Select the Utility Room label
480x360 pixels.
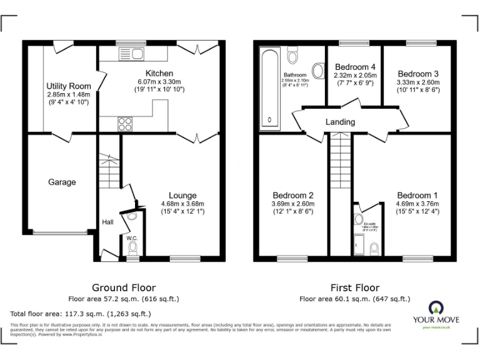coord(69,86)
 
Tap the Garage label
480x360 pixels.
coord(62,182)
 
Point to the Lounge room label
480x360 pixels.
coord(182,196)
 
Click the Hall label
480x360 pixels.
coord(107,221)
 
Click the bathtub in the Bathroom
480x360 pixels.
coord(270,87)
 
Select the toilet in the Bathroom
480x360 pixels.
coord(292,52)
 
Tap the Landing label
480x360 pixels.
coord(340,122)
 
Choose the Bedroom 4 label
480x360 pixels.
coord(355,66)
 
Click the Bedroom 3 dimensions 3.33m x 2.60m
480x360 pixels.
coord(417,82)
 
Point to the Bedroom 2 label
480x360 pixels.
coord(293,195)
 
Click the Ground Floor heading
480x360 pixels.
coord(124,287)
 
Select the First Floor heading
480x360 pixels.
coord(355,287)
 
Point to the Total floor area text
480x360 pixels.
coord(81,314)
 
